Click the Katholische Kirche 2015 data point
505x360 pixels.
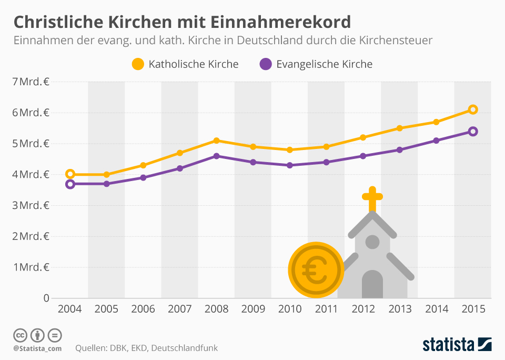472,109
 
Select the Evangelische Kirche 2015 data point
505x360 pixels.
472,131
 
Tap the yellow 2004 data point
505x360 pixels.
69,174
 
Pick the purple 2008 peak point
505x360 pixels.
216,156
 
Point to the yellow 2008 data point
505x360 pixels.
216,141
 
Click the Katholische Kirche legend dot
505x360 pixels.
138,64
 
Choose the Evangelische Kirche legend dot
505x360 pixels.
266,64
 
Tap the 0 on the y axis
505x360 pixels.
46,298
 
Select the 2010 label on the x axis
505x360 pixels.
289,309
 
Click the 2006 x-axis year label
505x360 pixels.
143,309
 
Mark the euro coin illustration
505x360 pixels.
316,270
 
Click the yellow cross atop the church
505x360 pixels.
372,198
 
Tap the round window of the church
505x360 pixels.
372,242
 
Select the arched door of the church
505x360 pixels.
372,285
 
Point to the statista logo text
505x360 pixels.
448,345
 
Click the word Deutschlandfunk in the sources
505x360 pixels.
187,348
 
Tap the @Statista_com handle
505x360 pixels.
37,348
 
